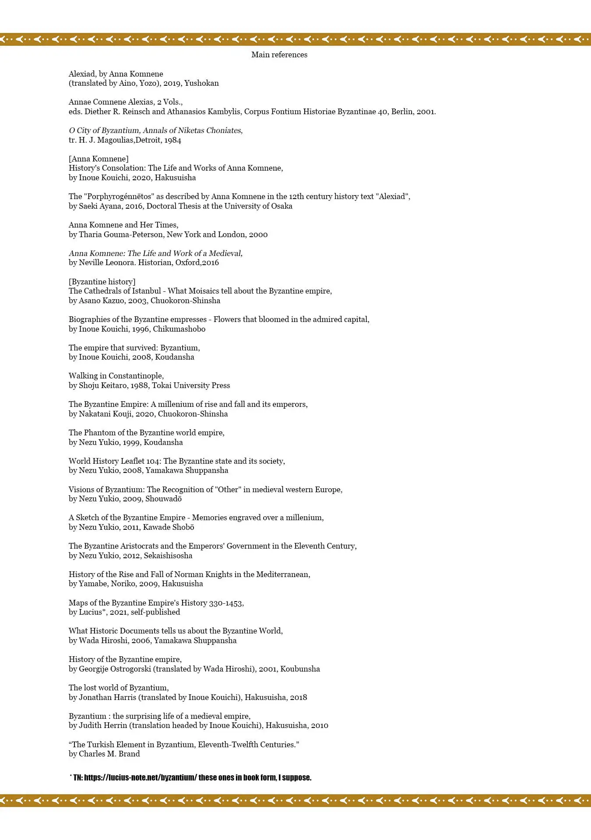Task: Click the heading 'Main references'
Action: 279,55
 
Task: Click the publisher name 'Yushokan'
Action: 201,83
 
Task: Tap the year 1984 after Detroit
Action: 172,140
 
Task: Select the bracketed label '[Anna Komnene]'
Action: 98,159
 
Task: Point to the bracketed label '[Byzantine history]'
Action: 102,282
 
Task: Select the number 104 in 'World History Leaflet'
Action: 153,461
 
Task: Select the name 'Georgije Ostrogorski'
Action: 115,669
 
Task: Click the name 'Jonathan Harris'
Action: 108,697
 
